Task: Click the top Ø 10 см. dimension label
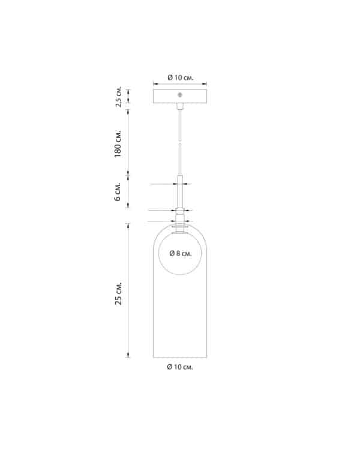coord(180,78)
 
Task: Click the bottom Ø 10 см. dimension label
coord(180,367)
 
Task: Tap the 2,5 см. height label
coord(119,97)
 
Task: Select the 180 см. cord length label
coord(118,144)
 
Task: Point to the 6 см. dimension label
coord(118,191)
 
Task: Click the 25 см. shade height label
coord(119,293)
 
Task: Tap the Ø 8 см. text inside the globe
coord(180,253)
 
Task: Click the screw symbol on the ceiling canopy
coord(180,95)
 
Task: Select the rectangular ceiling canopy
coord(180,96)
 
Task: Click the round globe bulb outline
coord(159,253)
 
